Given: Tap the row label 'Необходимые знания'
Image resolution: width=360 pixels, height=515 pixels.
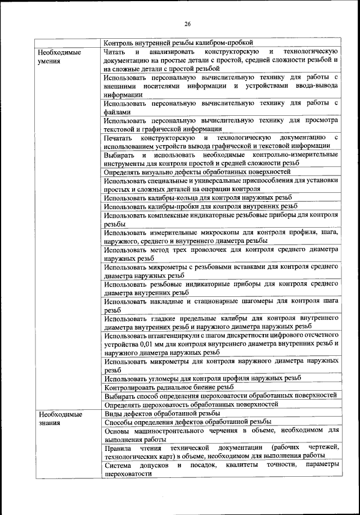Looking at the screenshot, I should [59, 418].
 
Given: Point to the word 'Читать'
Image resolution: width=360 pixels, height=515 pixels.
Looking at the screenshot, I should [116, 51].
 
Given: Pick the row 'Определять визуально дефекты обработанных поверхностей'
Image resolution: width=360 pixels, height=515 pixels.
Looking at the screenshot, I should [197, 171].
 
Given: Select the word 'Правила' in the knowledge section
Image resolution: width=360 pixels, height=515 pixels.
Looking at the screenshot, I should [118, 448].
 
